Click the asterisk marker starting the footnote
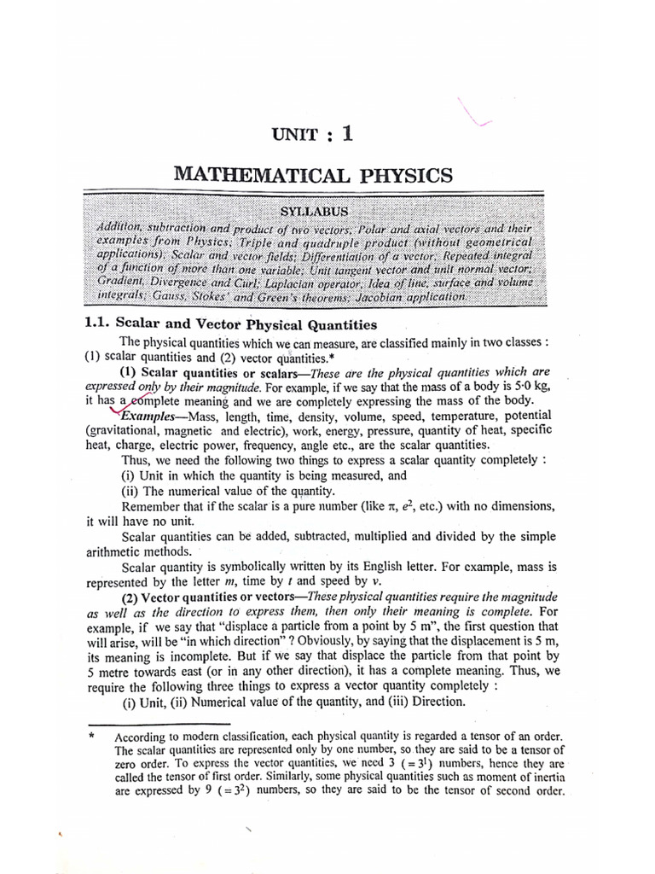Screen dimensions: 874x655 [90, 736]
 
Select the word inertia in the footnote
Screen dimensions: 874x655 [547, 776]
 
